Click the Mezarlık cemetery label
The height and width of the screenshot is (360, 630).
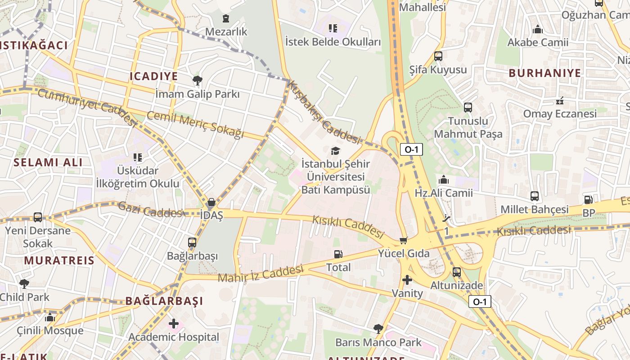(x=226, y=31)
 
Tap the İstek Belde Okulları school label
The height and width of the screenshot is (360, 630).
(x=333, y=42)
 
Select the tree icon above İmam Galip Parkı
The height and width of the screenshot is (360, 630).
(x=197, y=81)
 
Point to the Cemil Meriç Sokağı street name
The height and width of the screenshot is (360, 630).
(x=195, y=125)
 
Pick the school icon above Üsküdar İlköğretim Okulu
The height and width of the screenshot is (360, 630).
(x=138, y=157)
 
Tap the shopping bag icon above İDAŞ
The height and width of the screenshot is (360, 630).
(x=211, y=202)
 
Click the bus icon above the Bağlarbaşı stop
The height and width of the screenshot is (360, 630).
(x=192, y=243)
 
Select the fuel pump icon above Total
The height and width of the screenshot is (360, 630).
(x=338, y=254)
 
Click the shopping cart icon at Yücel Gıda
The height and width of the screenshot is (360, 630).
(x=403, y=240)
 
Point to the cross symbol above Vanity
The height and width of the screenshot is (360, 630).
(x=407, y=280)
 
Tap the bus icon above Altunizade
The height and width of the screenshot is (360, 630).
(x=457, y=272)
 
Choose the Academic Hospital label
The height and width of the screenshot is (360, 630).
(x=174, y=337)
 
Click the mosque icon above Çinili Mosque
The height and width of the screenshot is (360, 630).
(x=50, y=318)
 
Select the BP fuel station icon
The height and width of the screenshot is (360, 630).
(x=588, y=200)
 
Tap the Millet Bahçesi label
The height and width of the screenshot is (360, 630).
(x=535, y=210)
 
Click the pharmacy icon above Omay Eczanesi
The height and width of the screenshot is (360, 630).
(x=560, y=101)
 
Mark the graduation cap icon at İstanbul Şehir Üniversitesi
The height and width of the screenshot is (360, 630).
(x=336, y=151)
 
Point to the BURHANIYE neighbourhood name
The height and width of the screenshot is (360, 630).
(x=544, y=73)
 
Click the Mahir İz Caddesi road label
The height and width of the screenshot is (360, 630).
(x=261, y=274)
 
